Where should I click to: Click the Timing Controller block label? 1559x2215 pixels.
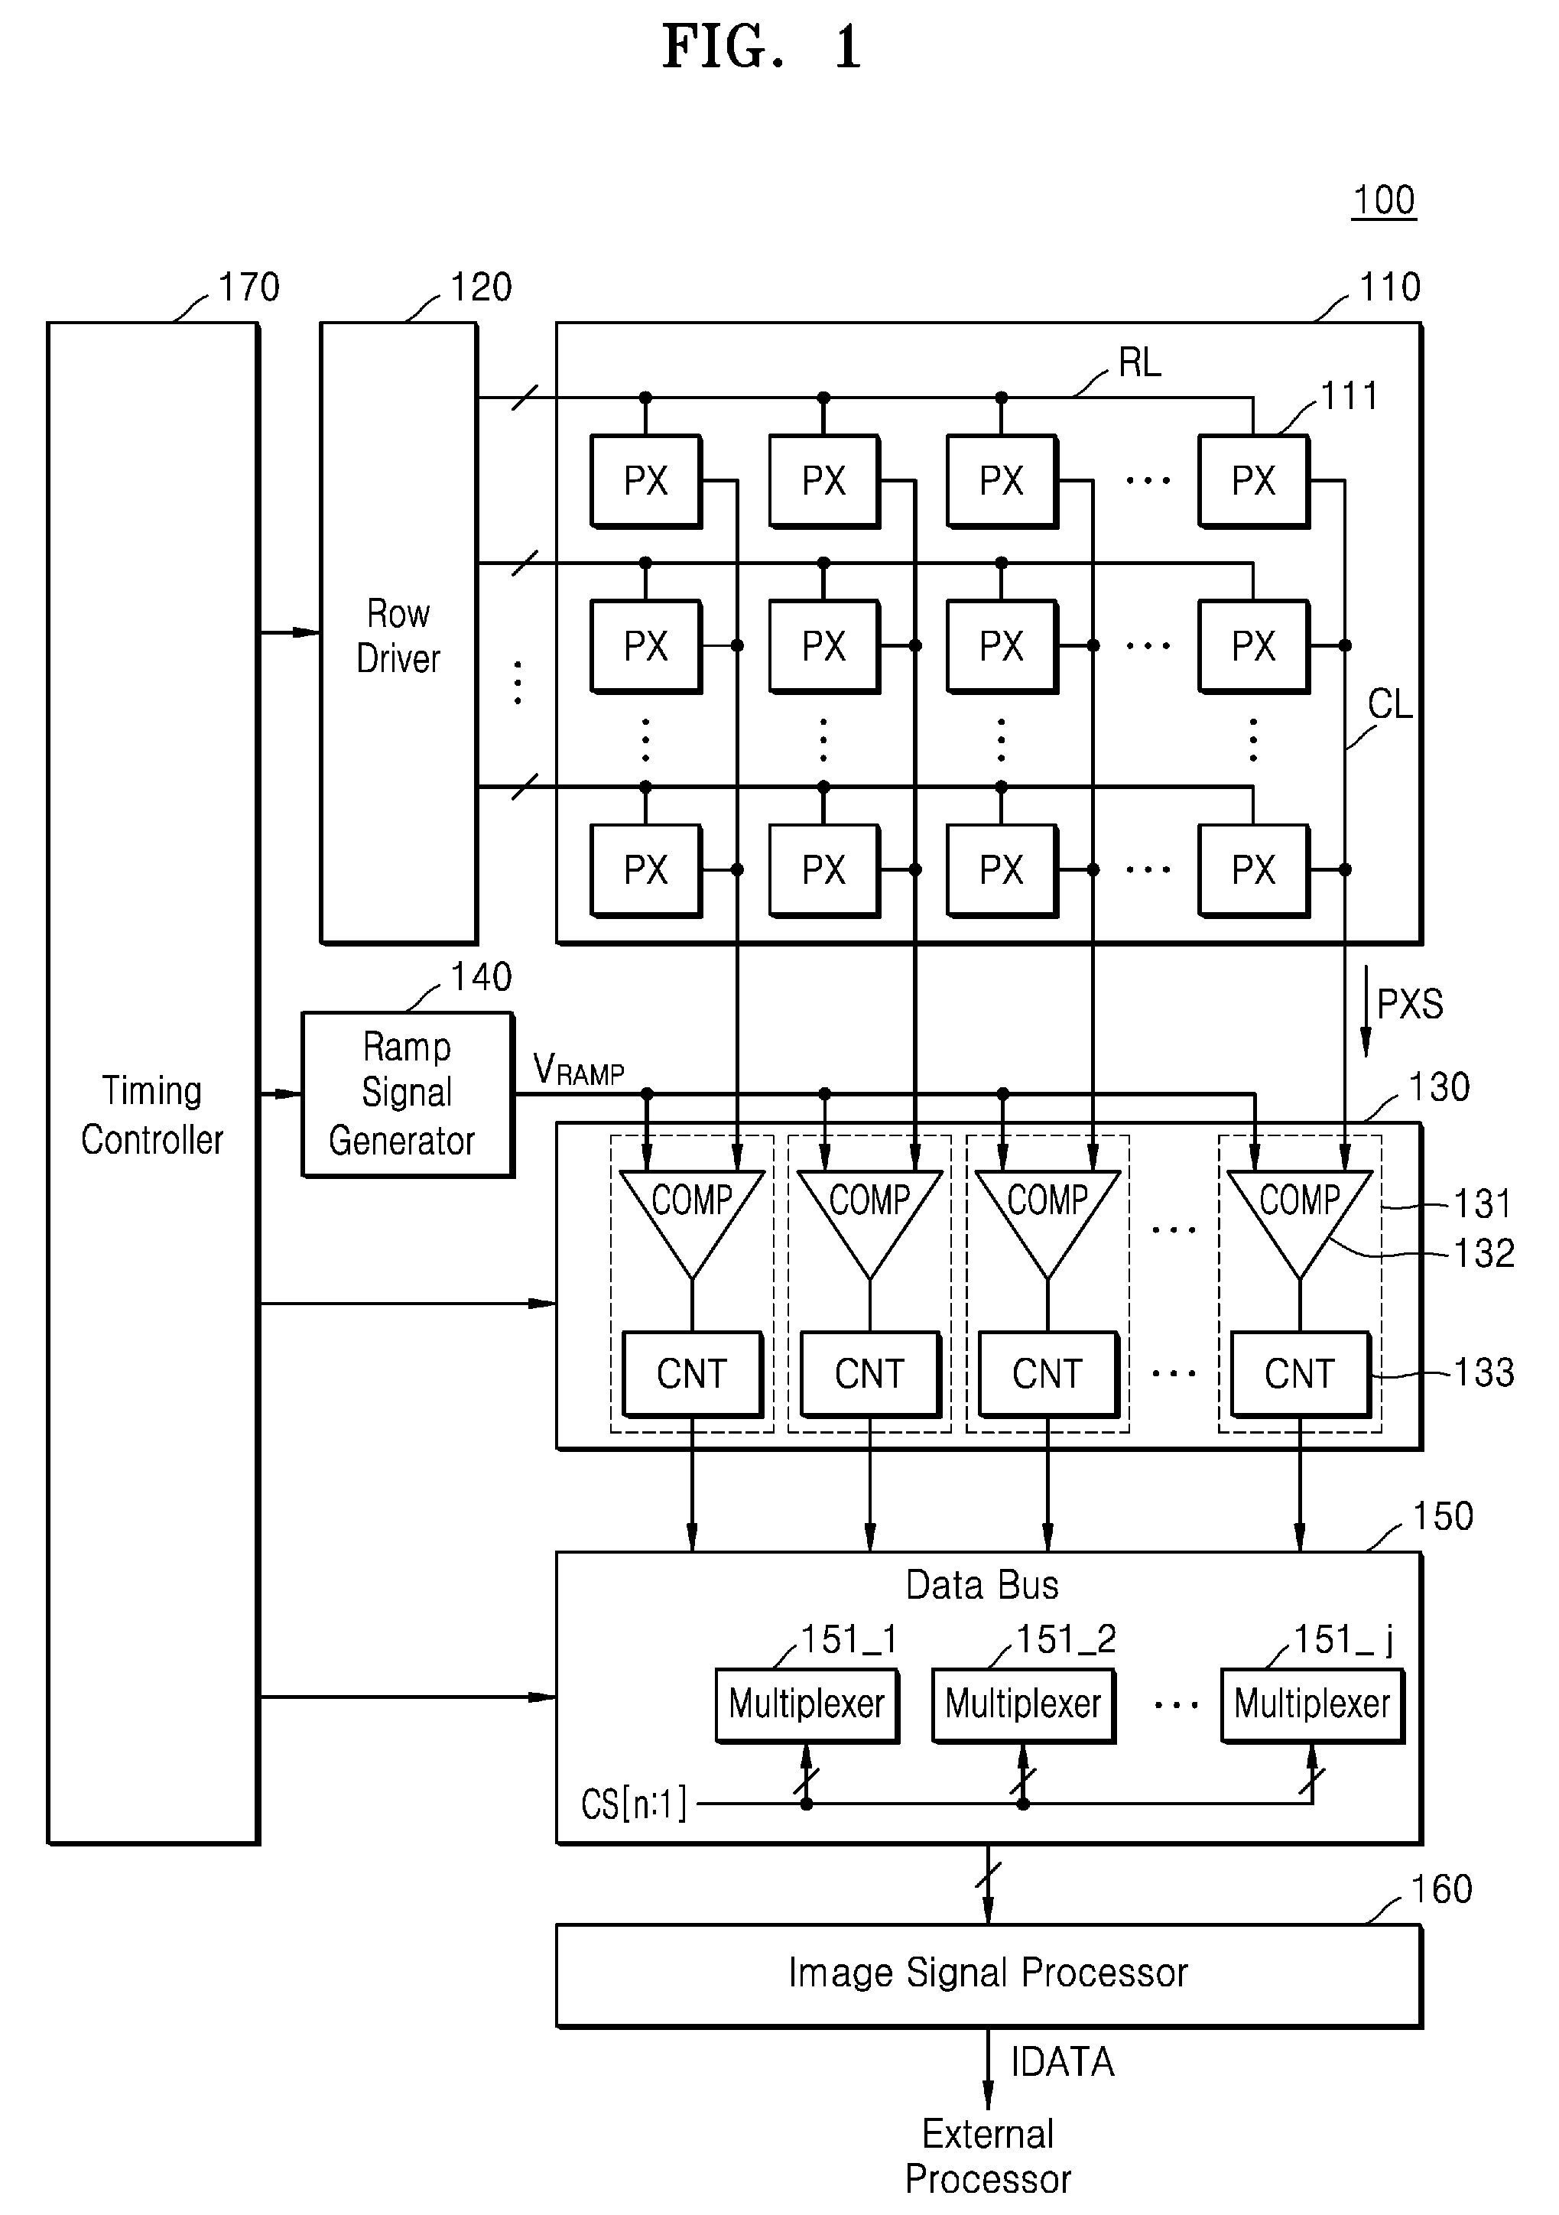click(x=151, y=1116)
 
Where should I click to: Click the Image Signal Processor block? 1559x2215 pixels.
click(x=989, y=1975)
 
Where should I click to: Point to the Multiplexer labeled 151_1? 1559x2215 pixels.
click(x=807, y=1705)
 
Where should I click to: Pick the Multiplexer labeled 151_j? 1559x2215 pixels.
click(x=1312, y=1705)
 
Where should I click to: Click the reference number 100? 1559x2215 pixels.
click(x=1383, y=200)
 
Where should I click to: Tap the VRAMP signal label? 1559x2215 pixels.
click(x=578, y=1069)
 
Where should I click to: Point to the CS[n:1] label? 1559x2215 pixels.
click(x=634, y=1803)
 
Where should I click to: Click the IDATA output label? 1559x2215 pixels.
click(x=1062, y=2061)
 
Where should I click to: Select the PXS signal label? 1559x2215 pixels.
click(x=1409, y=1004)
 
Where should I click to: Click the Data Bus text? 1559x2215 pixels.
click(x=982, y=1585)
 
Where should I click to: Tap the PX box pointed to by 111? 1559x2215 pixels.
click(x=1253, y=480)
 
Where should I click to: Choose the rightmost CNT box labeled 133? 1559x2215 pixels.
click(x=1301, y=1374)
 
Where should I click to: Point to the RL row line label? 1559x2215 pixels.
click(x=1139, y=362)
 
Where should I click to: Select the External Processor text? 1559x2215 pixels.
click(x=988, y=2156)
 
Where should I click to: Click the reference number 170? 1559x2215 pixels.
click(x=249, y=287)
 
